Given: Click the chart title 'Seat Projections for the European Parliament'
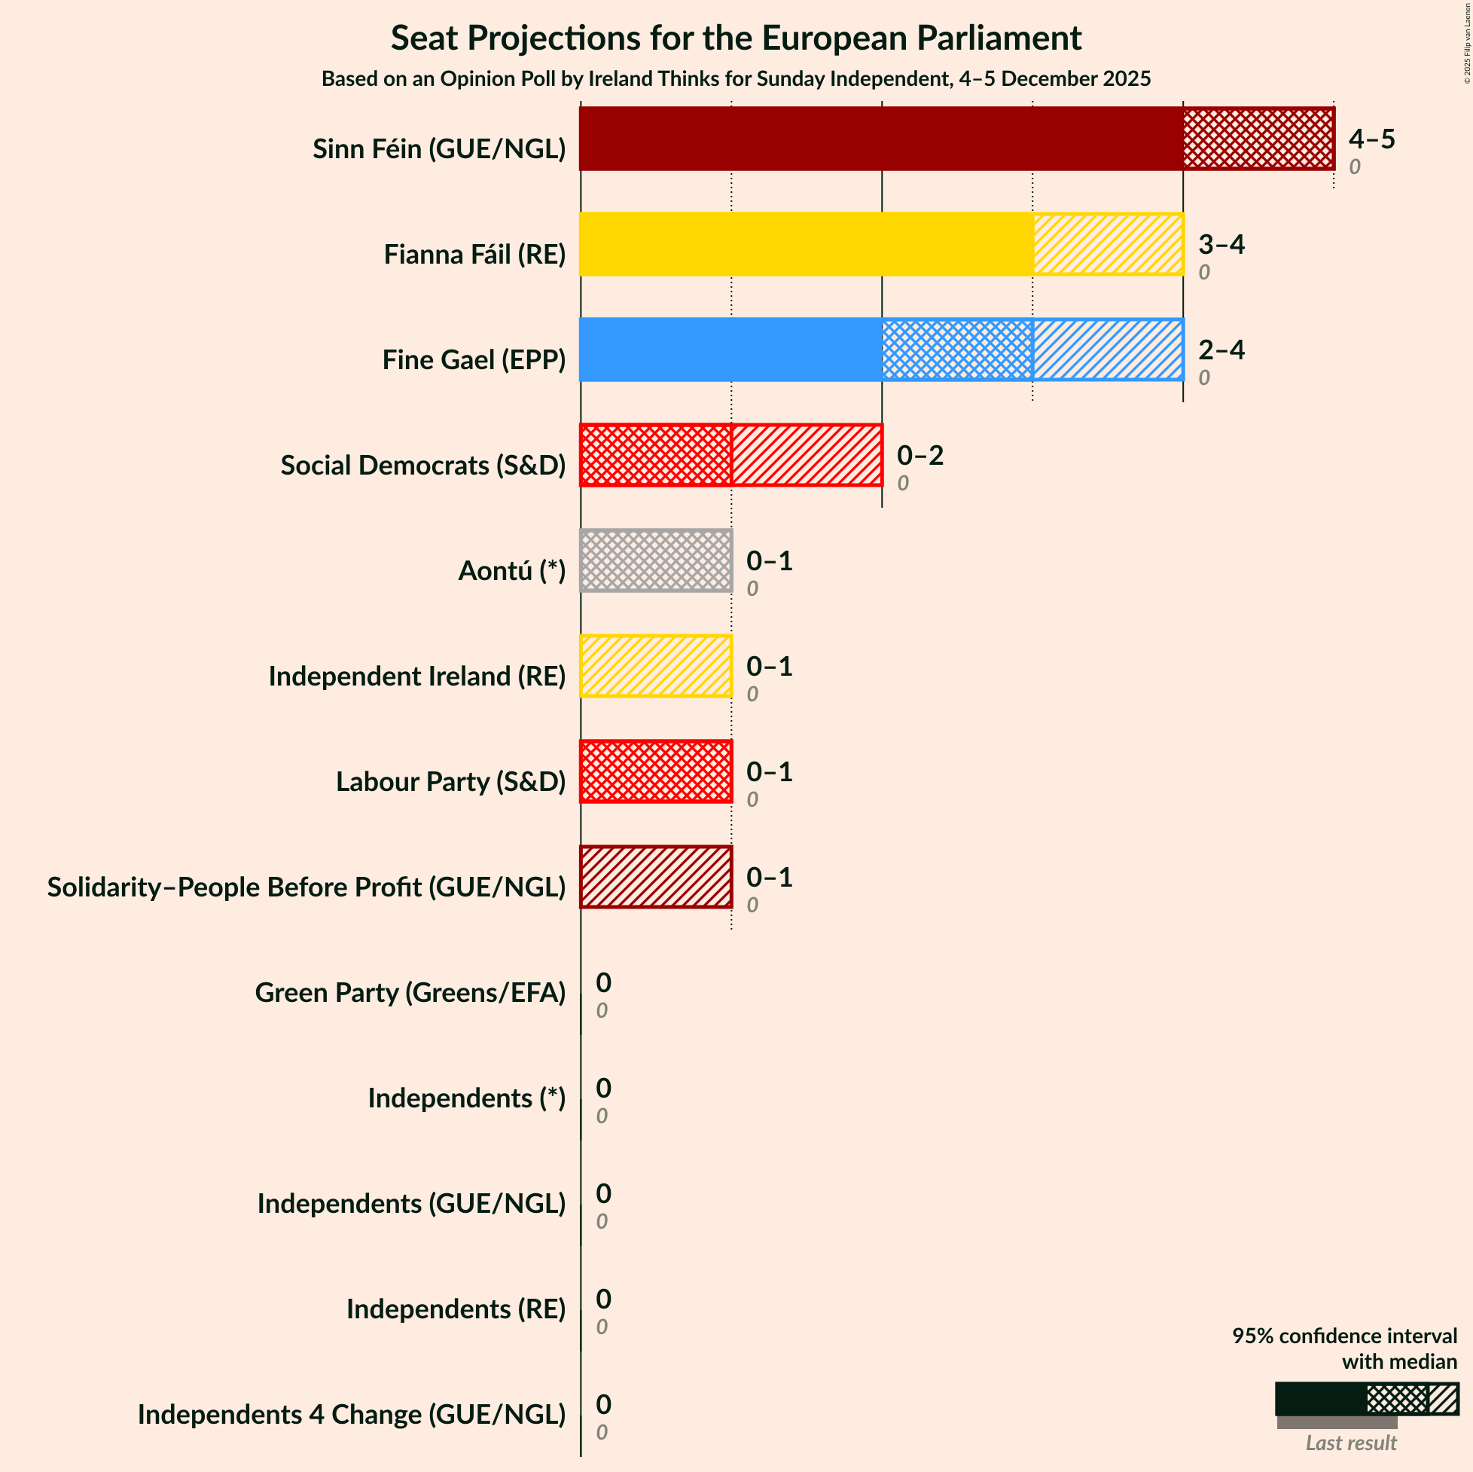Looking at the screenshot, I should (x=736, y=38).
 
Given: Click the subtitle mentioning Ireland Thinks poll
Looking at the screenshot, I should (x=736, y=78).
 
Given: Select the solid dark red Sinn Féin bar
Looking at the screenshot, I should (x=880, y=138).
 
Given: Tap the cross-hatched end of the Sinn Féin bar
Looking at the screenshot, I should (x=1258, y=138).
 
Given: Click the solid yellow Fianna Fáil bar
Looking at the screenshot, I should (x=806, y=243).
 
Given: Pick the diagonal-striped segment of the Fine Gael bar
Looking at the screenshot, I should (x=1108, y=350).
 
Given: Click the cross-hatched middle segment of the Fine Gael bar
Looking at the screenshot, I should (x=957, y=350).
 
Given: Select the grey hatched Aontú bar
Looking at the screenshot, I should (x=656, y=560).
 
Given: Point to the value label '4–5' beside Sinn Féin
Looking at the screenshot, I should (x=1371, y=139).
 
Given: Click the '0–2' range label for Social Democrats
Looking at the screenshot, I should (x=919, y=455).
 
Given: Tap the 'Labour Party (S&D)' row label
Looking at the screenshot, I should (x=450, y=781).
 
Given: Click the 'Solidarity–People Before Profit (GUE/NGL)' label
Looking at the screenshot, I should (x=306, y=886).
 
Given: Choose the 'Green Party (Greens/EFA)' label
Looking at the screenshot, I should (x=410, y=991).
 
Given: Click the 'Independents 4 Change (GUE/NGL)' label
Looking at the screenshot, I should (x=352, y=1413).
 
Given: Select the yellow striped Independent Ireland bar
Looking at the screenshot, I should (x=656, y=666).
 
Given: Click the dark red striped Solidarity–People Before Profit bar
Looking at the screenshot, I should (x=656, y=876).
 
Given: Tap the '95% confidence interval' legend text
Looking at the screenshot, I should (x=1344, y=1336).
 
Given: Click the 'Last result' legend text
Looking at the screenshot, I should (x=1350, y=1443).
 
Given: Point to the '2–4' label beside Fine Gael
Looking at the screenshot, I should (x=1221, y=350).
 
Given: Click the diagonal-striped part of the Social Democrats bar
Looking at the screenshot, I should (x=806, y=454).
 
